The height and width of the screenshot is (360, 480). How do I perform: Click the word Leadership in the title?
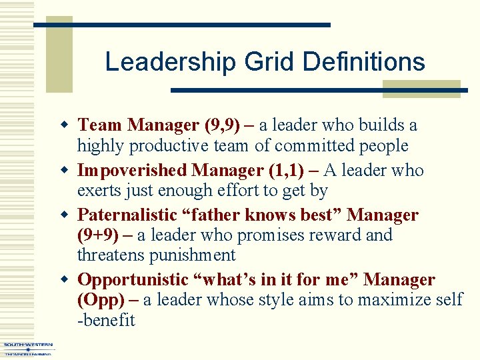pos(170,63)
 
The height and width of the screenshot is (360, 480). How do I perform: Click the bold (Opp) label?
pos(101,300)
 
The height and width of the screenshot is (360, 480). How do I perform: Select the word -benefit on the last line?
pos(106,321)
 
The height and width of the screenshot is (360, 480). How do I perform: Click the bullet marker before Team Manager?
pos(65,125)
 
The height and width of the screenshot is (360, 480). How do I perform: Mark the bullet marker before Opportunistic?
pos(65,280)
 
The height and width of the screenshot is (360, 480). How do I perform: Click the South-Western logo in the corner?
pos(27,349)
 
